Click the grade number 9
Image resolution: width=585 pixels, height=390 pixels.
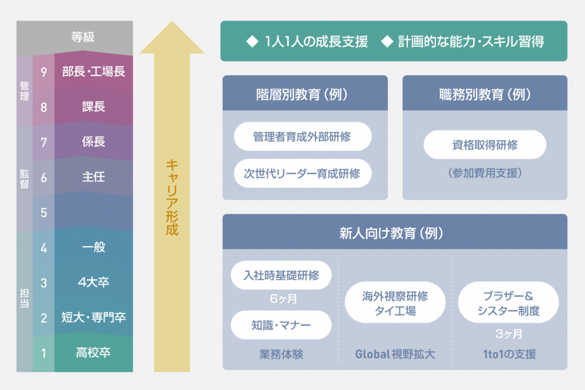43,72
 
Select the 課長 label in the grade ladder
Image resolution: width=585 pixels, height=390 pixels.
94,107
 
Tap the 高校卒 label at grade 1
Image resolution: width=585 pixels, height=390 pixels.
93,352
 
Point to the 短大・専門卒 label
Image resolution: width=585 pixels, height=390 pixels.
93,317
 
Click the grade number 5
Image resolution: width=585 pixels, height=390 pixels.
43,212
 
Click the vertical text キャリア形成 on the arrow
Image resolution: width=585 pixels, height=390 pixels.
171,198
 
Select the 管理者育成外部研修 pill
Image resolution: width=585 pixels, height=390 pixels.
302,137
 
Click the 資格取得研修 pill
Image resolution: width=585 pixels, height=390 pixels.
484,145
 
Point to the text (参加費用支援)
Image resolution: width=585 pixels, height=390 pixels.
484,172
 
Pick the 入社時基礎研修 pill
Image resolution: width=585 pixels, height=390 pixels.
281,275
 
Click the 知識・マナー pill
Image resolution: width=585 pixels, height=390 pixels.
281,325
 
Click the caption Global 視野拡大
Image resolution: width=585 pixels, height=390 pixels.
395,354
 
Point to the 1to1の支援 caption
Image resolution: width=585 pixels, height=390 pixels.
508,354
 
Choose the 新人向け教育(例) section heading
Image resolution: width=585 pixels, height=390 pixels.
395,233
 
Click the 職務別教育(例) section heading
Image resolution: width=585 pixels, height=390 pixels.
484,94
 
